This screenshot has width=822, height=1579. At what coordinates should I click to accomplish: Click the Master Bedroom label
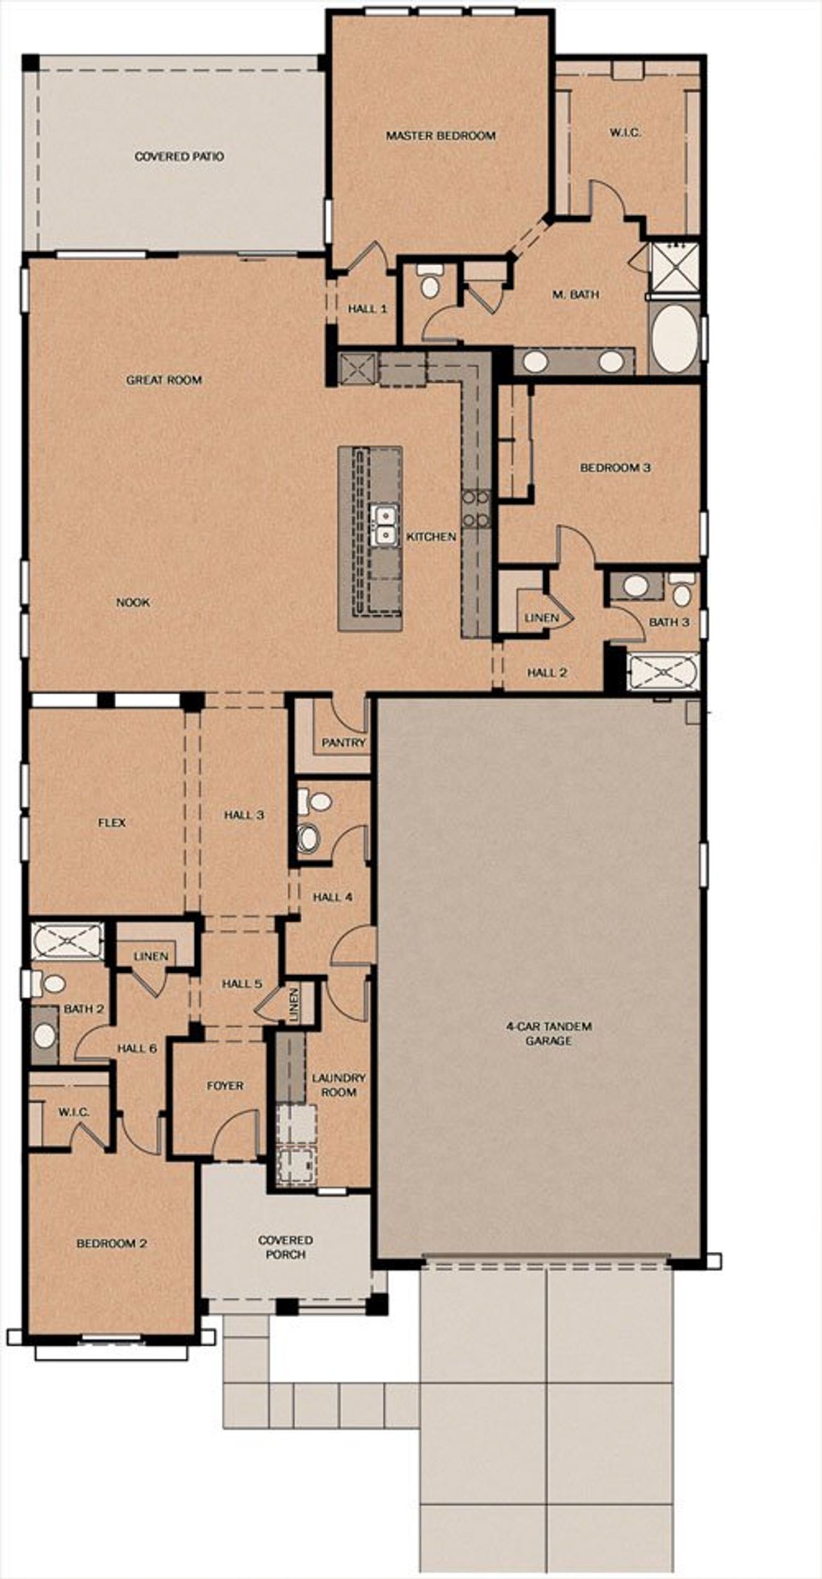(440, 136)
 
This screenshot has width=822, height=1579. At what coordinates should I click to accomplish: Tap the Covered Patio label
(179, 157)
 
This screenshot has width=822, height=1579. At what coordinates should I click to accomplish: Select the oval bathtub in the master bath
(674, 340)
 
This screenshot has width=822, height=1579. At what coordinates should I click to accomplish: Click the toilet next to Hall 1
(429, 283)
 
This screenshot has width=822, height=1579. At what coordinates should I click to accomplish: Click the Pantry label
(344, 743)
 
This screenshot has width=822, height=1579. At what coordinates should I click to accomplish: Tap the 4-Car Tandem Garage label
(549, 1033)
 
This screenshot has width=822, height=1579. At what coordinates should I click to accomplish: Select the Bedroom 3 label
(615, 468)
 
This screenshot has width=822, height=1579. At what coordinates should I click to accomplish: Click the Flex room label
(112, 823)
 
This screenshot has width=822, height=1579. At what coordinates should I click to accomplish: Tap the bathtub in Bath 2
(67, 941)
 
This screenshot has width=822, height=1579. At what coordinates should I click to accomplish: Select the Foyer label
(225, 1085)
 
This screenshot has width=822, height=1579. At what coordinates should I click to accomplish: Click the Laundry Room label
(338, 1085)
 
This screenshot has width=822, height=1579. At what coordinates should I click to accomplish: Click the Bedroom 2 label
(112, 1243)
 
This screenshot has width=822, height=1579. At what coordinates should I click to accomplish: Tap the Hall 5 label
(241, 983)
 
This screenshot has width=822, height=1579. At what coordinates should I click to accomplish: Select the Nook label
(133, 603)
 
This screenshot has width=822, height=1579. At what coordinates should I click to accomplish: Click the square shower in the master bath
(672, 266)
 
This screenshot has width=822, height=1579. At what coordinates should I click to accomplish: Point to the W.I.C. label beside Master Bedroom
(625, 134)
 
